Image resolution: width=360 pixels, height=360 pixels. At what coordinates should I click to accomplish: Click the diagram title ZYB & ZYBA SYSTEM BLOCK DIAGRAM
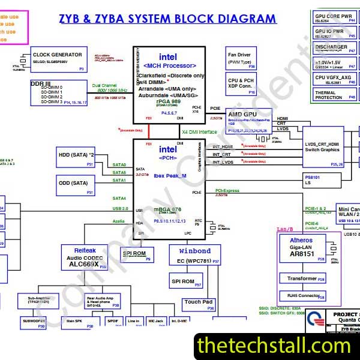[168, 19]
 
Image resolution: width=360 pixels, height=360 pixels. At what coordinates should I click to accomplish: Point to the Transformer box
[304, 279]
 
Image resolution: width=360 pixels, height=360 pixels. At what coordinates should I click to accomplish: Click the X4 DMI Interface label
[200, 131]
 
